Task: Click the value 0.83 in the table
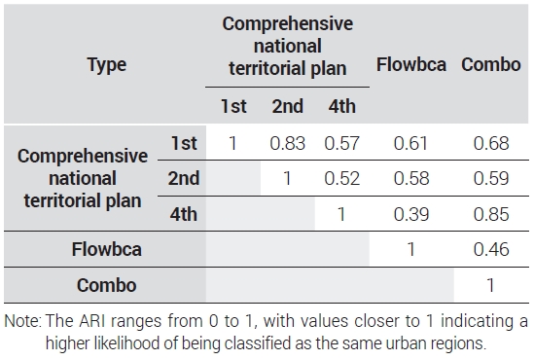pos(288,143)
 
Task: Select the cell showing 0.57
pos(341,143)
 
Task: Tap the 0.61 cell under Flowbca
pos(410,143)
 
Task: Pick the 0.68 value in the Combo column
pos(491,143)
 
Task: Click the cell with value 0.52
pos(342,178)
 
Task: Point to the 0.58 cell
pos(411,178)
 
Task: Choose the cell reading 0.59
pos(491,178)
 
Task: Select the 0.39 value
pos(411,214)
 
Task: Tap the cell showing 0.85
pos(491,214)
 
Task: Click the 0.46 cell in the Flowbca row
pos(491,249)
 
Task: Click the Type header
pos(107,65)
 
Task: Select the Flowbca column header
pos(411,64)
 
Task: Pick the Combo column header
pos(491,64)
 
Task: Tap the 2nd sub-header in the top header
pos(288,106)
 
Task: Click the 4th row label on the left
pos(184,214)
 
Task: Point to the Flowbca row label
pos(107,249)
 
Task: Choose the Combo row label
pos(107,285)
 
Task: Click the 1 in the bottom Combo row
pos(490,285)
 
